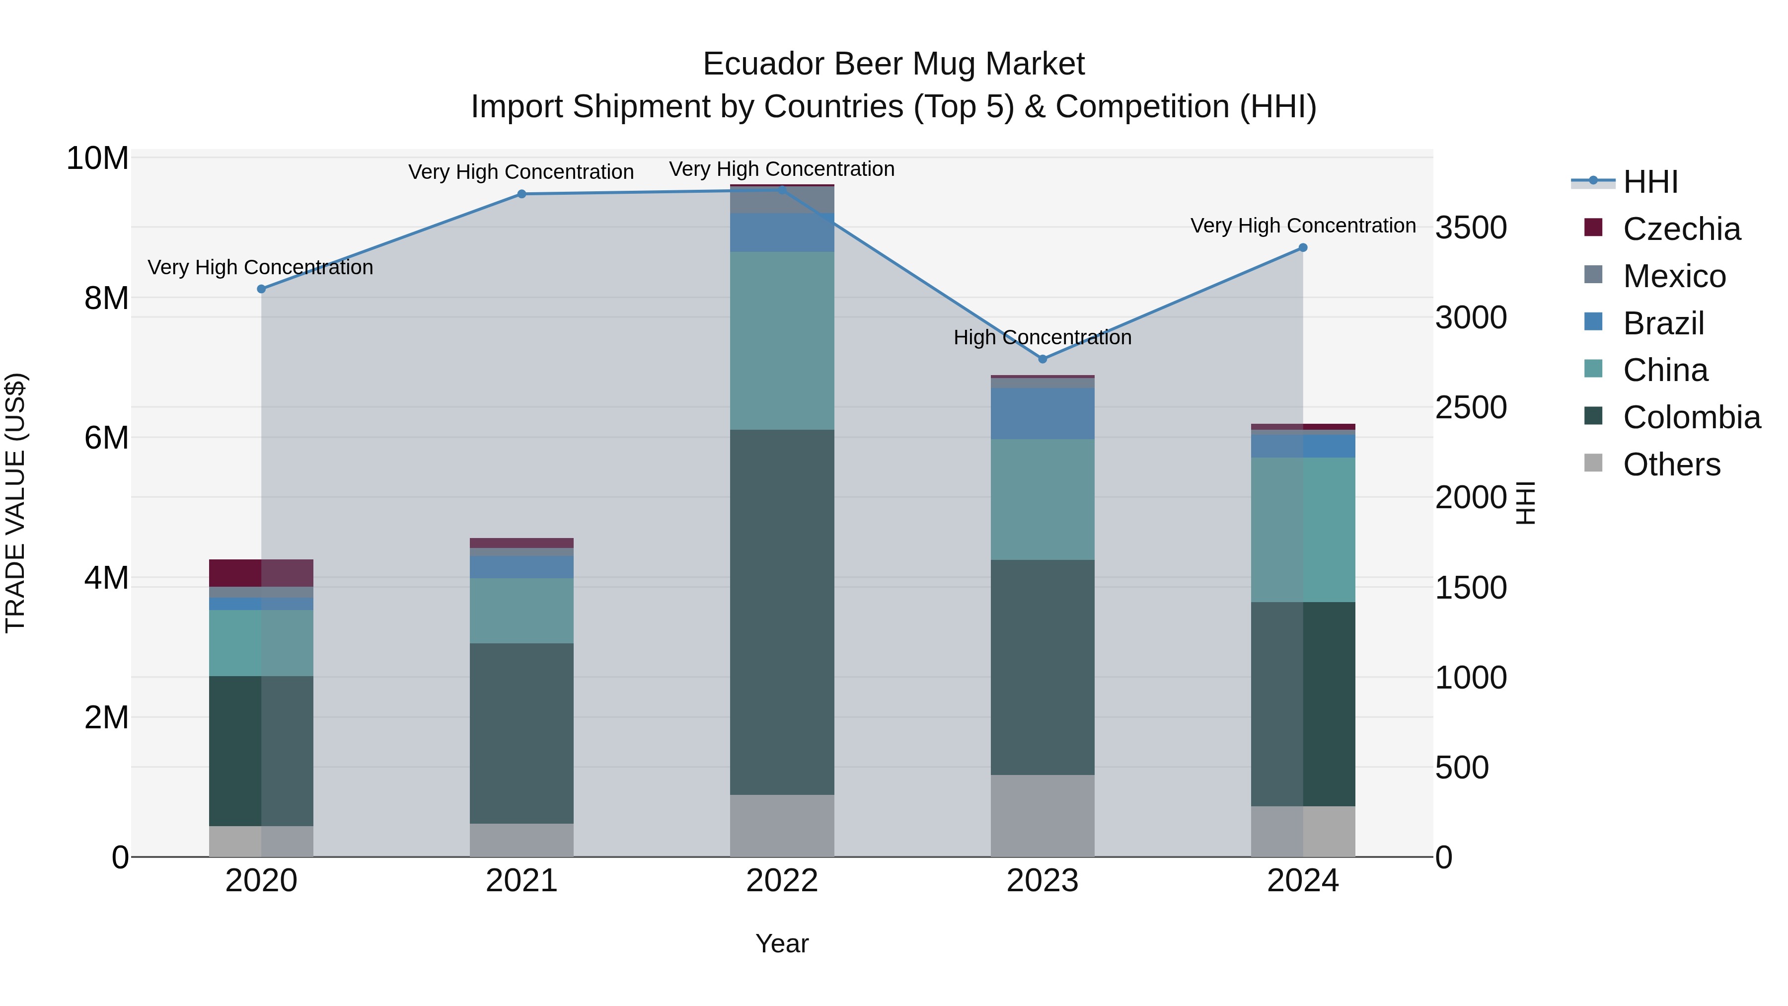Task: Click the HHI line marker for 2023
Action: pyautogui.click(x=1042, y=359)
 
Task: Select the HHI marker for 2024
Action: pyautogui.click(x=1303, y=248)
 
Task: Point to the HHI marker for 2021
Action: pyautogui.click(x=522, y=194)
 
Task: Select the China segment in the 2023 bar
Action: pyautogui.click(x=1042, y=499)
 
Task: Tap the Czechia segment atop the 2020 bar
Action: pyautogui.click(x=261, y=573)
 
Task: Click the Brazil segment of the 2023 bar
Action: pyautogui.click(x=1042, y=413)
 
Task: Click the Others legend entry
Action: pyautogui.click(x=1671, y=464)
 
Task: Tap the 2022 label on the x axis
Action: pyautogui.click(x=782, y=881)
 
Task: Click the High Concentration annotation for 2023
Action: pyautogui.click(x=1042, y=337)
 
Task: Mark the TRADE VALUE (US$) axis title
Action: pyautogui.click(x=15, y=503)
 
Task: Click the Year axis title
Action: pyautogui.click(x=782, y=943)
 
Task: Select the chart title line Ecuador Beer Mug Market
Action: pyautogui.click(x=894, y=64)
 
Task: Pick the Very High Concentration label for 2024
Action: pyautogui.click(x=1303, y=226)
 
